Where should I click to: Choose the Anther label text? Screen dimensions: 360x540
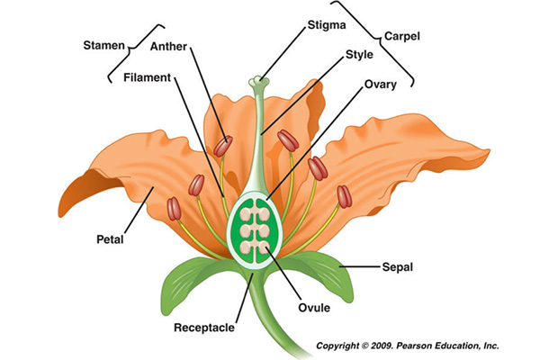tap(171, 45)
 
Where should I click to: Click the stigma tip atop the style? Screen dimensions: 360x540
tap(260, 82)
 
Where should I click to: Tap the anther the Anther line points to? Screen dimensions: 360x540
tap(222, 145)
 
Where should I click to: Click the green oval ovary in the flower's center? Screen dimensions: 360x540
tap(258, 229)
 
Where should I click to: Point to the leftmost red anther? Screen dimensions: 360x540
tap(175, 209)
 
